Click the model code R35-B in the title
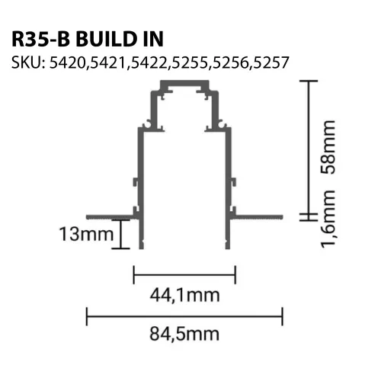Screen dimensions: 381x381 pyautogui.click(x=40, y=39)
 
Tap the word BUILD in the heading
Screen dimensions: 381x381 pyautogui.click(x=107, y=39)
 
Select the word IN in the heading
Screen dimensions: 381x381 pyautogui.click(x=153, y=39)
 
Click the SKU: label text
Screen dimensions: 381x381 pyautogui.click(x=28, y=62)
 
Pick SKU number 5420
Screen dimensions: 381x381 pyautogui.click(x=67, y=62)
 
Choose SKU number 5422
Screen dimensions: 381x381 pyautogui.click(x=149, y=62)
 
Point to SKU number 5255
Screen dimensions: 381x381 pyautogui.click(x=190, y=62)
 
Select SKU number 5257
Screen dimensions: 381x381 pyautogui.click(x=271, y=62)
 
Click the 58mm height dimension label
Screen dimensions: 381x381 pyautogui.click(x=328, y=147)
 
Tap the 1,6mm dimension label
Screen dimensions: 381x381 pyautogui.click(x=328, y=219)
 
